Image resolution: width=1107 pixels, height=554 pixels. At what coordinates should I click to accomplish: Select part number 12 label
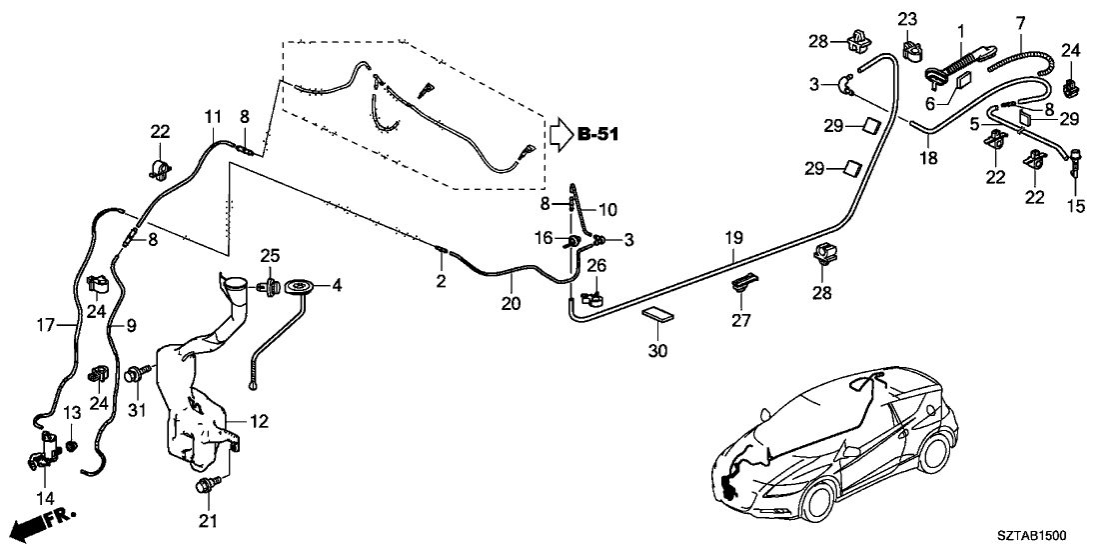260,423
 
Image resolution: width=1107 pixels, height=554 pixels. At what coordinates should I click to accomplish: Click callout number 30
657,351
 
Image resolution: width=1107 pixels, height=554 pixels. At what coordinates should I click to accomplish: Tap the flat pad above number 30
657,315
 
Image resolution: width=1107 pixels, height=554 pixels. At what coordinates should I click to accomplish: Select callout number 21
208,520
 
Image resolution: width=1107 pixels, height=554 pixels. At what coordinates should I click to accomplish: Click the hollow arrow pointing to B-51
558,135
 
